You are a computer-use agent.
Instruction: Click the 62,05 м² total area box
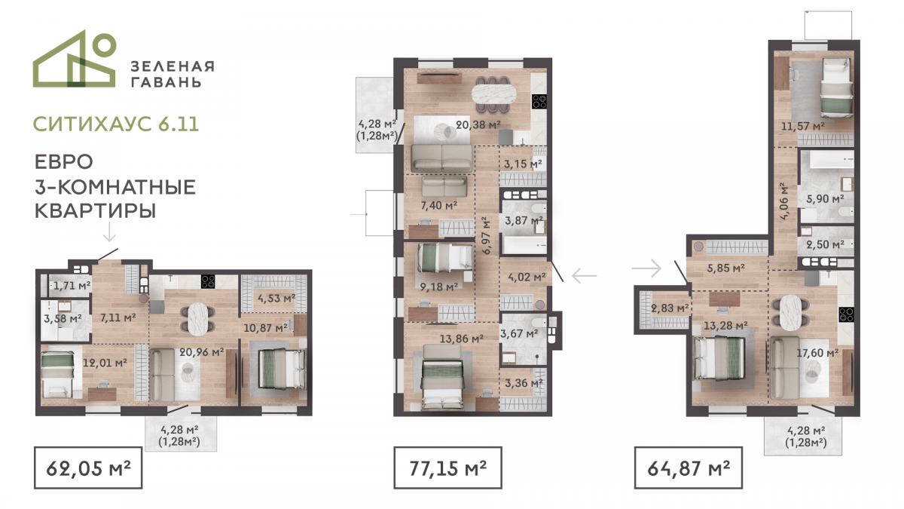pos(88,468)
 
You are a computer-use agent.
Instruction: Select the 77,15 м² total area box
pos(448,468)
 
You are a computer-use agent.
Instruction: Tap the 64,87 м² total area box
pos(689,468)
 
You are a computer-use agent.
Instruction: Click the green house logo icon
pos(75,59)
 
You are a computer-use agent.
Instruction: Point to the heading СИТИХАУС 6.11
pos(116,124)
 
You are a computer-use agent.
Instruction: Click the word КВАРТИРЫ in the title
pos(95,211)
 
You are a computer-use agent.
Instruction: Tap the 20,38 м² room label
pos(478,125)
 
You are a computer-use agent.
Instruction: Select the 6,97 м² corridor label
pos(487,235)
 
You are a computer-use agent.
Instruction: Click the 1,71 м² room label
pos(72,286)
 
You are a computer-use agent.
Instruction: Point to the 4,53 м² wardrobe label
pos(276,299)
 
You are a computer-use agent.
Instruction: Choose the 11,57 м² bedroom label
pos(803,127)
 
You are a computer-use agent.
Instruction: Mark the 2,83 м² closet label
pos(670,308)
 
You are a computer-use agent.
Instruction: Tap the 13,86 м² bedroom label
pos(461,339)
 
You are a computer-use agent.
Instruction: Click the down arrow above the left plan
pos(109,231)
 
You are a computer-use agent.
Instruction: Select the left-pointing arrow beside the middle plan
pos(585,276)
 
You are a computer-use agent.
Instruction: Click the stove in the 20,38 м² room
pos(539,101)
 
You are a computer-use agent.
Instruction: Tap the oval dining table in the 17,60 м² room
pos(790,312)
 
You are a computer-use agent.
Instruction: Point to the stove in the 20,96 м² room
pos(208,281)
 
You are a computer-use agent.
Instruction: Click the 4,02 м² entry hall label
pos(527,277)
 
